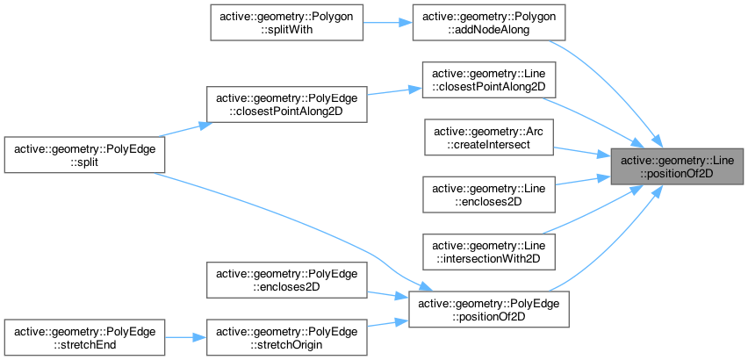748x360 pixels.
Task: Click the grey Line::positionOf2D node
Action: click(674, 166)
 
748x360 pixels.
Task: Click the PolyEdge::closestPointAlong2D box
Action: click(286, 104)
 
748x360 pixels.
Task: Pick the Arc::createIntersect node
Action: click(489, 136)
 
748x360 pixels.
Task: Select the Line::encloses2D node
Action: click(489, 193)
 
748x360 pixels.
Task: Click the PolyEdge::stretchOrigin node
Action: click(286, 337)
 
